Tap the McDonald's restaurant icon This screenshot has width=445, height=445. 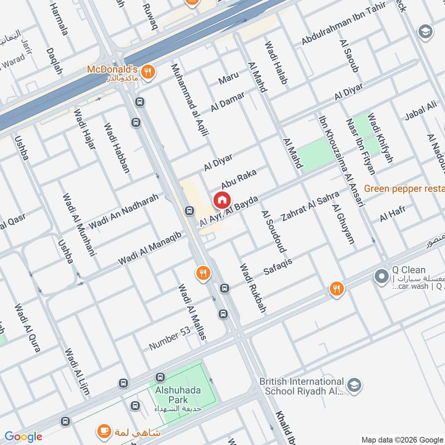click(147, 71)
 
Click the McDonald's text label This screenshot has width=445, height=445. click(111, 70)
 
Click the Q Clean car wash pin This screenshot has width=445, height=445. click(382, 275)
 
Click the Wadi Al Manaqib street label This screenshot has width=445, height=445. click(150, 248)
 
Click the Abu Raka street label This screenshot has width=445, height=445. click(238, 180)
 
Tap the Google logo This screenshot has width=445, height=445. click(23, 437)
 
